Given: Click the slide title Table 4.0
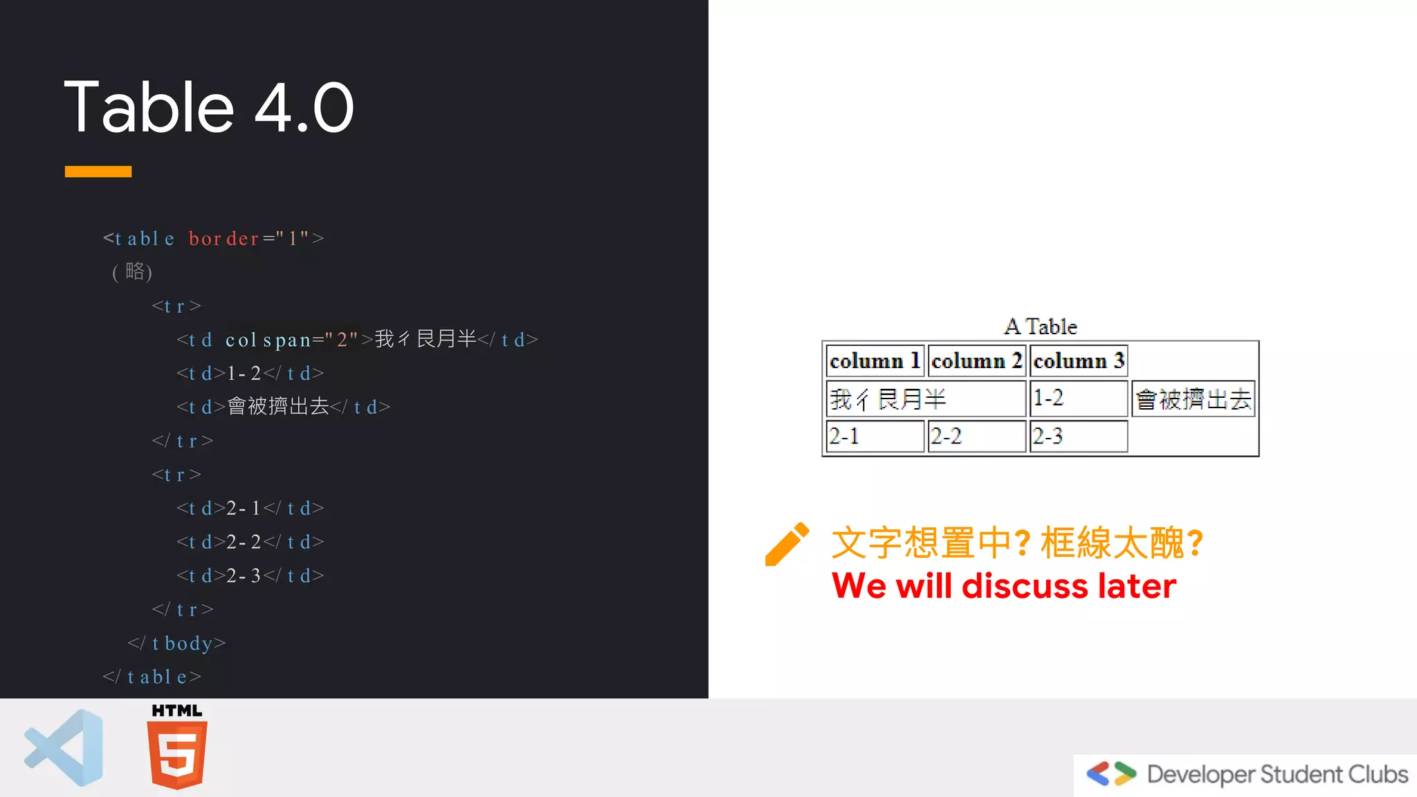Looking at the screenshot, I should [x=209, y=107].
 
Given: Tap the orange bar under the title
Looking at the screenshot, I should [x=98, y=172].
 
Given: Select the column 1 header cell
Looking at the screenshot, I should [x=875, y=360].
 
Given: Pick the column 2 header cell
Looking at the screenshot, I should [x=976, y=360].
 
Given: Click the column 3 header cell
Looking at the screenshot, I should [x=1079, y=360].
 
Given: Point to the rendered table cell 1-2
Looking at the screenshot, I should [x=1079, y=398].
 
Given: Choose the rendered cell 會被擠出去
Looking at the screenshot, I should [x=1193, y=399].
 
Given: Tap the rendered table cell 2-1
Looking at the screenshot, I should [x=875, y=437].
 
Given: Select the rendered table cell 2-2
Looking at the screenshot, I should [x=976, y=437].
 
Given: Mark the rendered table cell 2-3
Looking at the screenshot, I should [x=1079, y=437].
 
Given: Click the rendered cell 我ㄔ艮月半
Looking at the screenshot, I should [x=926, y=399].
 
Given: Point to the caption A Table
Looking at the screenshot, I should [x=1041, y=327].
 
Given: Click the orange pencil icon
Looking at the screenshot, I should [x=787, y=544].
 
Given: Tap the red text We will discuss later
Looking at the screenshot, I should [x=1003, y=586].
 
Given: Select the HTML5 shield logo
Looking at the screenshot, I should [x=177, y=753].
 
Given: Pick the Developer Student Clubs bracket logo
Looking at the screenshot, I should [x=1110, y=773].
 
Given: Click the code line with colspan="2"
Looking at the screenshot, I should [x=356, y=340].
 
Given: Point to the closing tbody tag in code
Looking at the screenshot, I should [x=177, y=643].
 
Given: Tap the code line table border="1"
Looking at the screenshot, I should [x=213, y=239].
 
